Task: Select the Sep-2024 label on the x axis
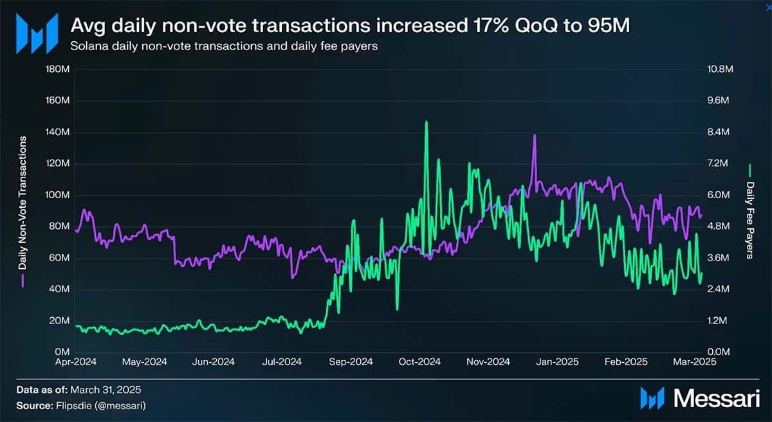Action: click(351, 362)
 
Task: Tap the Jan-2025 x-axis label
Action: click(556, 362)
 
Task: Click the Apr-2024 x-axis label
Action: click(76, 362)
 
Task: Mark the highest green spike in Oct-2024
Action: click(426, 122)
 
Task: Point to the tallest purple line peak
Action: click(534, 136)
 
